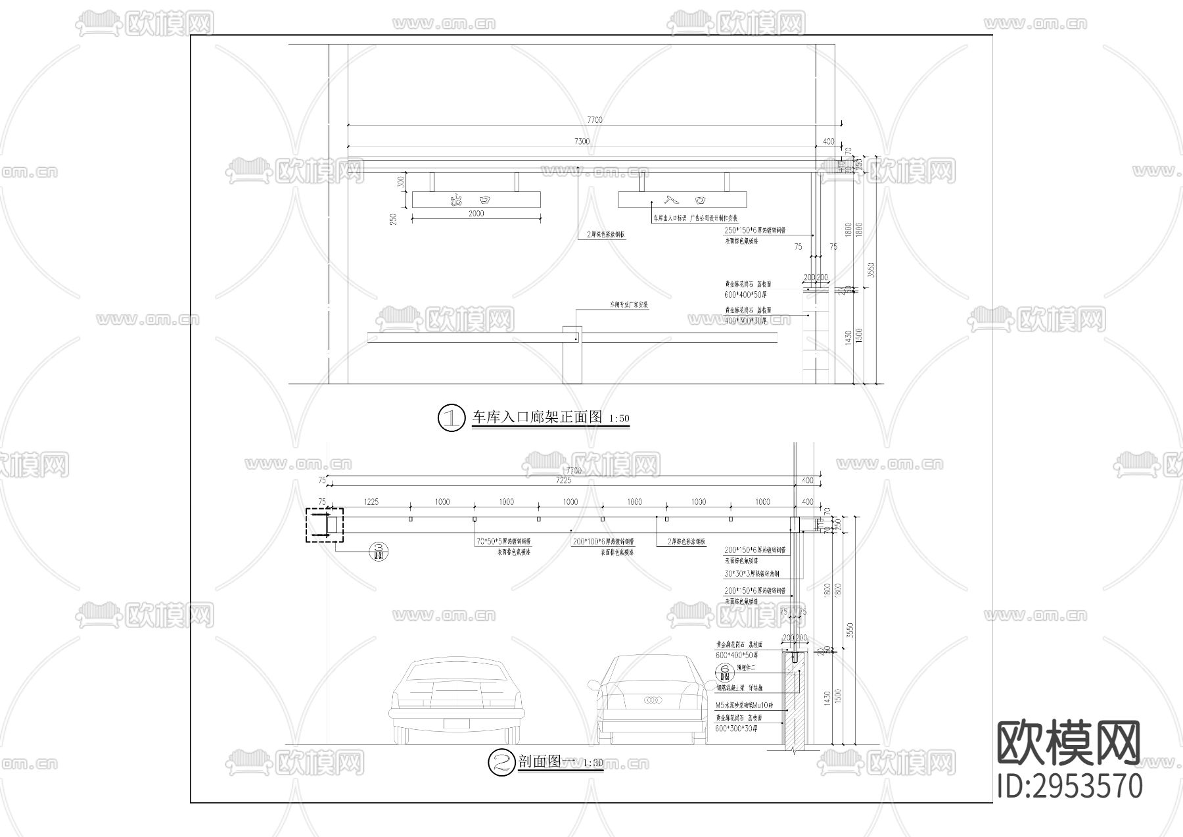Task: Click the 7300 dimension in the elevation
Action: [x=582, y=141]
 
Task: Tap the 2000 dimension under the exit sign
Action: [x=476, y=214]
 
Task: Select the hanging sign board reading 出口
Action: [x=476, y=199]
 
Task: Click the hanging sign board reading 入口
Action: [x=684, y=199]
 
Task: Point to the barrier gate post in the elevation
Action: [x=572, y=355]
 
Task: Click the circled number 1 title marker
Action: [x=452, y=418]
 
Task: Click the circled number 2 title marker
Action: [x=501, y=762]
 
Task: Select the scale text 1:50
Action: [x=618, y=419]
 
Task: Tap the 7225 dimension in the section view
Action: [x=563, y=481]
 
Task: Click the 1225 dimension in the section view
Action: [x=371, y=502]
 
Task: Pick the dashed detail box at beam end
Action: [x=324, y=525]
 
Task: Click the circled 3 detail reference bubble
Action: [x=379, y=551]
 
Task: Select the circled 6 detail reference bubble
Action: [x=726, y=672]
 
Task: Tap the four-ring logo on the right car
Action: [x=654, y=700]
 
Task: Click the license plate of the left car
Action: [x=458, y=724]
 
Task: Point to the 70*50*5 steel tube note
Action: [x=503, y=542]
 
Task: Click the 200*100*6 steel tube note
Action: [x=602, y=542]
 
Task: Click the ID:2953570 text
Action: [x=1069, y=786]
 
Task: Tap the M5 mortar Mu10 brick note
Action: [x=745, y=705]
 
